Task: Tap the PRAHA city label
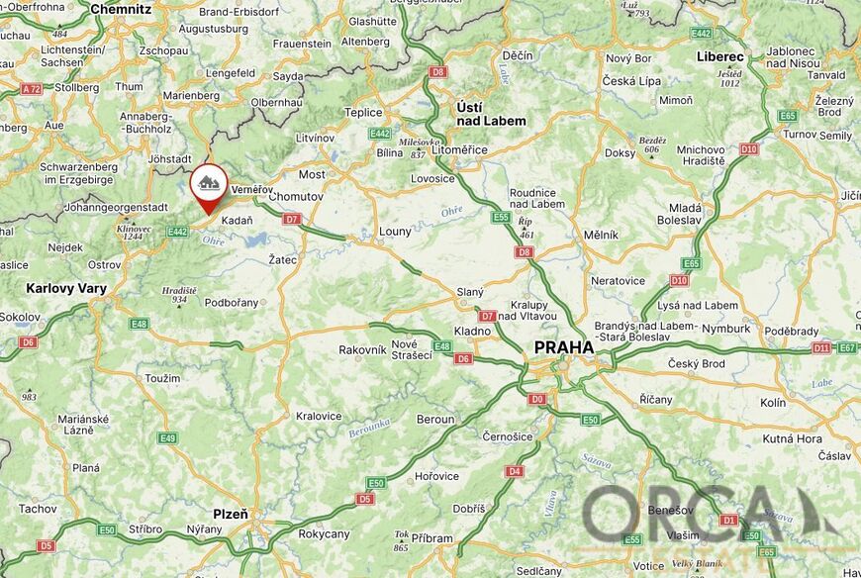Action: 564,347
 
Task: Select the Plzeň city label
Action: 231,514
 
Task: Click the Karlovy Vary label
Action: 66,289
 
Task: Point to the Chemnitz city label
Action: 121,9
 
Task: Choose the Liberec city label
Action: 719,56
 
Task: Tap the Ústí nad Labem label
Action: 491,113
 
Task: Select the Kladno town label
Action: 472,331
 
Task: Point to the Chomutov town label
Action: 296,197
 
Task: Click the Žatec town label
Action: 283,259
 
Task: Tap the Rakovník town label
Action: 362,349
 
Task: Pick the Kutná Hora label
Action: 793,438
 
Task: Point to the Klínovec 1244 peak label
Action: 134,233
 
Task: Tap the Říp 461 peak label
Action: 526,229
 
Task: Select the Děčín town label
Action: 517,56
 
